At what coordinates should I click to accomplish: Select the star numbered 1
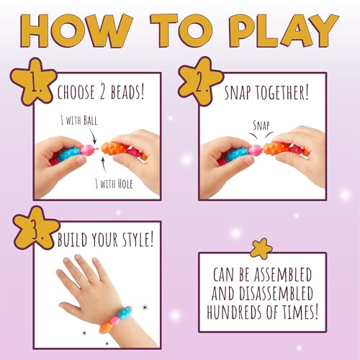[33, 82]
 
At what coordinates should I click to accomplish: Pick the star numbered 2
[201, 81]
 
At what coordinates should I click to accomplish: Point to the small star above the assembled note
[261, 248]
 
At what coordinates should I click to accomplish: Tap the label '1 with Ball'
[79, 120]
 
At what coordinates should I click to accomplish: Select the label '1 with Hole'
[114, 184]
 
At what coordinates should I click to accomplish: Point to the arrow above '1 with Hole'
[104, 165]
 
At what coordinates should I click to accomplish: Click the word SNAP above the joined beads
[261, 125]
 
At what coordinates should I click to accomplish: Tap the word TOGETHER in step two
[282, 93]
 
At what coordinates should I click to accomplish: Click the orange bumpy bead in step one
[112, 149]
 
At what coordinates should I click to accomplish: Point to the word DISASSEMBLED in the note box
[276, 293]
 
